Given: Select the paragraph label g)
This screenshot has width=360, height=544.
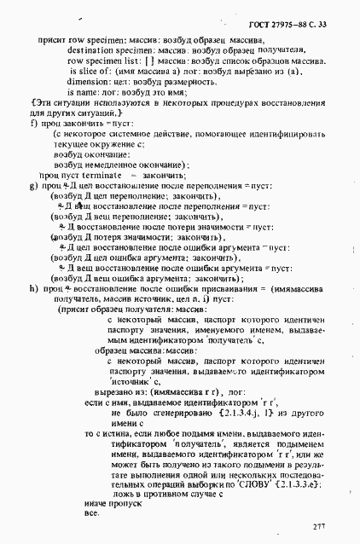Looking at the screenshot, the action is coord(33,183).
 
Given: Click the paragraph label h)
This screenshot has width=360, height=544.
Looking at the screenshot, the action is coord(33,289).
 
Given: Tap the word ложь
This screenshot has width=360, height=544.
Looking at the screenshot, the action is coord(123,494).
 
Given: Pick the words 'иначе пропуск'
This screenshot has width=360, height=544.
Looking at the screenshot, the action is coord(110,503).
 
